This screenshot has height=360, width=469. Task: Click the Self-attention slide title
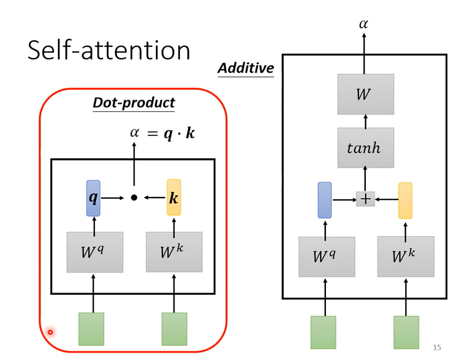pyautogui.click(x=109, y=50)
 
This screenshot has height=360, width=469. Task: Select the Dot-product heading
pyautogui.click(x=134, y=103)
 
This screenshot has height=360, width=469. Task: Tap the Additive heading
pyautogui.click(x=246, y=68)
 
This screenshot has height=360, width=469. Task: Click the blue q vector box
pyautogui.click(x=93, y=198)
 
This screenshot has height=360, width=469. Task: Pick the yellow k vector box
pyautogui.click(x=174, y=197)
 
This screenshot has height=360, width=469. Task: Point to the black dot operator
pyautogui.click(x=134, y=198)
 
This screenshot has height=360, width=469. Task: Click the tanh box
pyautogui.click(x=365, y=148)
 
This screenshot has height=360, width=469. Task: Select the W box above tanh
pyautogui.click(x=365, y=94)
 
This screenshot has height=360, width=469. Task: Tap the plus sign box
pyautogui.click(x=365, y=199)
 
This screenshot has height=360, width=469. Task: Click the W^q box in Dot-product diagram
pyautogui.click(x=95, y=252)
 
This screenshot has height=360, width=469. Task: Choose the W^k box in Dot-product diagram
pyautogui.click(x=174, y=252)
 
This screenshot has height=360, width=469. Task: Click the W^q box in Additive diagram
pyautogui.click(x=327, y=257)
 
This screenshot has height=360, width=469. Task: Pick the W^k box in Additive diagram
pyautogui.click(x=406, y=256)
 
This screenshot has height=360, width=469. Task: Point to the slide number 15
pyautogui.click(x=437, y=348)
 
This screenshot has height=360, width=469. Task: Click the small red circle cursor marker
pyautogui.click(x=50, y=332)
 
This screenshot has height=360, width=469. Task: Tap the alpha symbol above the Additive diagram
pyautogui.click(x=363, y=24)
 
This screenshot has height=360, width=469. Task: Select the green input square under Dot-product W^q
pyautogui.click(x=91, y=329)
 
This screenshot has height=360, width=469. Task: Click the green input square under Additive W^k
pyautogui.click(x=406, y=332)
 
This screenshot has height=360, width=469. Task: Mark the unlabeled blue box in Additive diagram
pyautogui.click(x=325, y=200)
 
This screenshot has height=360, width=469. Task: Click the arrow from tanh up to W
pyautogui.click(x=365, y=121)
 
